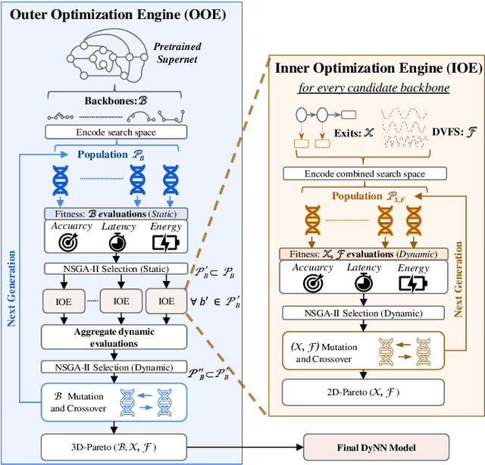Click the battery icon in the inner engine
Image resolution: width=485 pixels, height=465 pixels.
[414, 282]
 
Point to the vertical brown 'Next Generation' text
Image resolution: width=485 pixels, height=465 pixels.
[459, 279]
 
